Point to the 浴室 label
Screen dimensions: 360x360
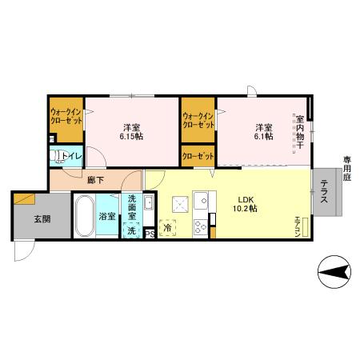pos(106,216)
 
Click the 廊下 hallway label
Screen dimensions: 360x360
pos(71,182)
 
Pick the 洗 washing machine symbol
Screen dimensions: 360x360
pos(131,231)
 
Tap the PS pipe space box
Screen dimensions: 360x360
pos(149,234)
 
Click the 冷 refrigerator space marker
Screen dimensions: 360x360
pos(168,227)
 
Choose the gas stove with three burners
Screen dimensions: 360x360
pos(200,226)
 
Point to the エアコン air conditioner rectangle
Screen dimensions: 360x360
pos(303,226)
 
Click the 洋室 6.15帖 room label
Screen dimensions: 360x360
pos(131,131)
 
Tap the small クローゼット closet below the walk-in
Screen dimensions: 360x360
pos(197,156)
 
